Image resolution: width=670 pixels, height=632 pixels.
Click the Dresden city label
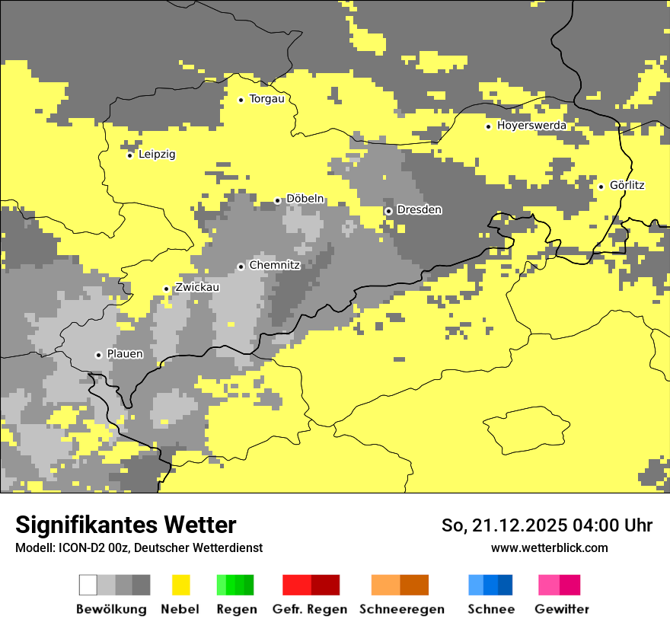[419, 209]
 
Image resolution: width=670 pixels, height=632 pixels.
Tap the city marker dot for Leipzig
[130, 155]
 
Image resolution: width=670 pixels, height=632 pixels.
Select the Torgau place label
[266, 99]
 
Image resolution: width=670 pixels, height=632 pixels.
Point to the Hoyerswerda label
[531, 126]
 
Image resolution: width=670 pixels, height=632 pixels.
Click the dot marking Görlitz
[601, 187]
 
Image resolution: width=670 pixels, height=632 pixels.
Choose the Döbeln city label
[305, 199]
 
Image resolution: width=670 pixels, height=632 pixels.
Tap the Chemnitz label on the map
[274, 265]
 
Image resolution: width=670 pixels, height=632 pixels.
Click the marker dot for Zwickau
[166, 289]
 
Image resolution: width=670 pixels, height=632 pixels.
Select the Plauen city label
[125, 354]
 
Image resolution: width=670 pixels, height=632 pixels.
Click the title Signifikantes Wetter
[126, 525]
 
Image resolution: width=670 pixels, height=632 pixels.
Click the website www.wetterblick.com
[549, 547]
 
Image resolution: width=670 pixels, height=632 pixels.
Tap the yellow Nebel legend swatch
[180, 585]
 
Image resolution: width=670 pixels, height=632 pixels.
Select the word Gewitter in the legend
[562, 609]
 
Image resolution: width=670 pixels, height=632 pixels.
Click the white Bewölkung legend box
[88, 585]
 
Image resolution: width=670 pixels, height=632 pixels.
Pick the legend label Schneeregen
[402, 609]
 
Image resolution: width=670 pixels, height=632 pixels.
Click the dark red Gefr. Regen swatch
[325, 585]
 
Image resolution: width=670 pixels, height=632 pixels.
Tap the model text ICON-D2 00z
[89, 547]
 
